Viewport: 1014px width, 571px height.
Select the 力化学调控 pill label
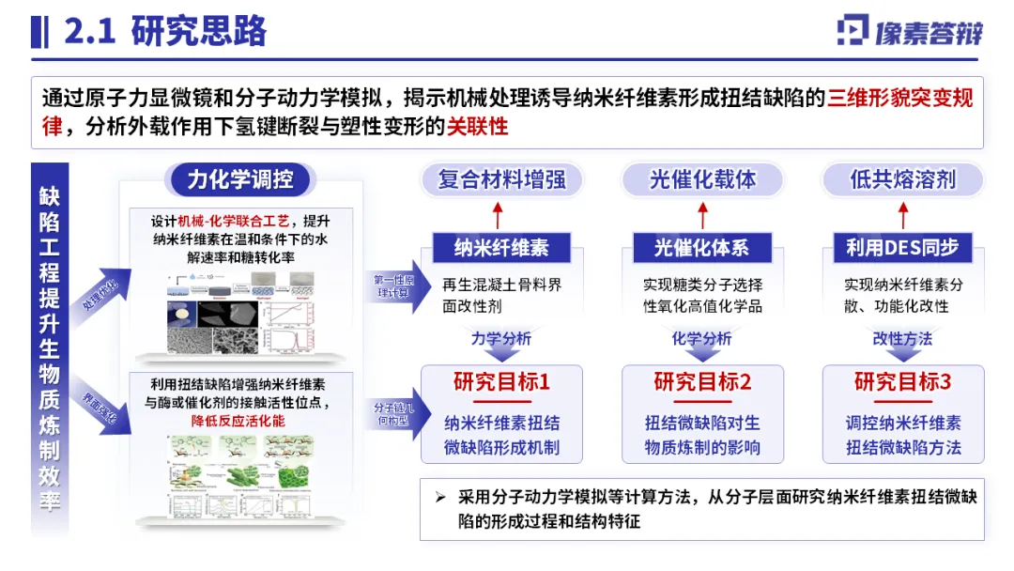tap(239, 179)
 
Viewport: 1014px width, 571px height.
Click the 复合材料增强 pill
tap(501, 179)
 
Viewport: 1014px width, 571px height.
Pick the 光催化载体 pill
tap(702, 179)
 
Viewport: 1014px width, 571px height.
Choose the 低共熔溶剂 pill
tap(902, 179)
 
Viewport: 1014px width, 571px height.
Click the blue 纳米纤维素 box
tap(501, 248)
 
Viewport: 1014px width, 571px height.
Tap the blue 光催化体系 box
tap(702, 248)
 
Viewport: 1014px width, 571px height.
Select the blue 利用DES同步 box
tap(902, 248)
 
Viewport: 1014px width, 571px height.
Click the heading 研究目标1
tap(501, 382)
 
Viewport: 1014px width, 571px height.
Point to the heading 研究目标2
tap(702, 382)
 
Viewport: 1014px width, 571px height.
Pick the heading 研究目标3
tap(902, 382)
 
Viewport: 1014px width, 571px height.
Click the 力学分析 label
tap(501, 338)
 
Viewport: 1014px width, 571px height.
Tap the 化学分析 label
tap(702, 338)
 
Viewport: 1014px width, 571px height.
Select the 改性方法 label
tap(902, 338)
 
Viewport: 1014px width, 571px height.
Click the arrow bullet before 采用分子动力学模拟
tap(440, 498)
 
